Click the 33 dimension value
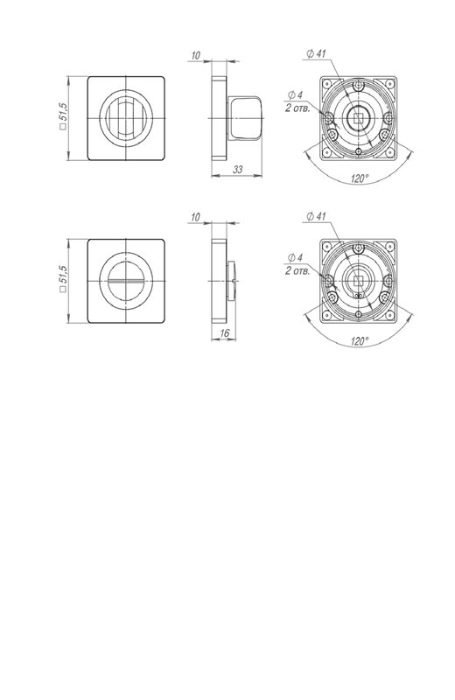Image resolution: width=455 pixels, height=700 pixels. [238, 170]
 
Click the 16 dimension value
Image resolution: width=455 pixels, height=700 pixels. [225, 333]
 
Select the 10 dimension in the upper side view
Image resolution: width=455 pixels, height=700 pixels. [196, 55]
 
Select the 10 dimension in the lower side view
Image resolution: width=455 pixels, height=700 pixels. [196, 217]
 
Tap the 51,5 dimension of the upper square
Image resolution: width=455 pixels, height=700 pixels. [63, 116]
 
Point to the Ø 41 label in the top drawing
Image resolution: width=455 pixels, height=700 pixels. [317, 53]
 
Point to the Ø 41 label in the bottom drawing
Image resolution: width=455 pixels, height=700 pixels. [317, 216]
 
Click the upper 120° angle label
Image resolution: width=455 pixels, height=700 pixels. [360, 178]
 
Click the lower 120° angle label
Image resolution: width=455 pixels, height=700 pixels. [360, 341]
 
